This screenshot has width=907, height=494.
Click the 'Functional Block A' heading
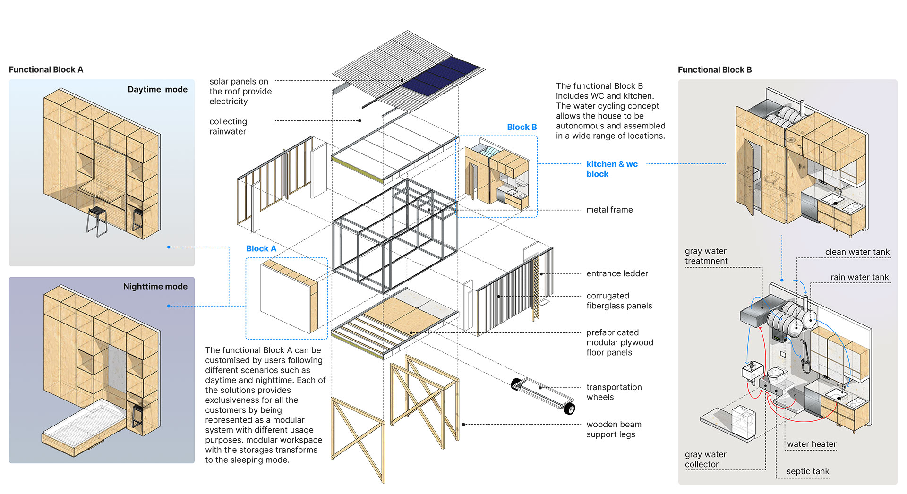(46, 70)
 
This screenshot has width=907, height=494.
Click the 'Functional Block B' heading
(714, 70)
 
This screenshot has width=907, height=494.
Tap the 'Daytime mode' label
(157, 90)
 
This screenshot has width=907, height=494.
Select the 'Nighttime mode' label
(155, 287)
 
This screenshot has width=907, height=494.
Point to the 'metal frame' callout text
(609, 210)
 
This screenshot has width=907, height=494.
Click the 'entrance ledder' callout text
(617, 273)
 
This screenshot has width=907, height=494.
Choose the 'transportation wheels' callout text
(614, 392)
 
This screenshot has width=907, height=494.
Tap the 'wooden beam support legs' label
(614, 429)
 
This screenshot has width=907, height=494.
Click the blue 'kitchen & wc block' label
(612, 169)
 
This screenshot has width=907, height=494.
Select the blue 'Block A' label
(261, 249)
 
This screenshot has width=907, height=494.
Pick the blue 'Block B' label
(522, 128)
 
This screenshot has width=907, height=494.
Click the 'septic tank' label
(807, 471)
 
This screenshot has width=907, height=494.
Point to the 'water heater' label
(812, 444)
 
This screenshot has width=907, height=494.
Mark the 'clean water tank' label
(857, 252)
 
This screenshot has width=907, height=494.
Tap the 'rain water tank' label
(859, 277)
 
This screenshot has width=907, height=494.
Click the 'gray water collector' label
(705, 460)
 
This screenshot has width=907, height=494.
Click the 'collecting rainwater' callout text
(228, 127)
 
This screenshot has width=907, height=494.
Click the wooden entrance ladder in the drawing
(536, 288)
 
